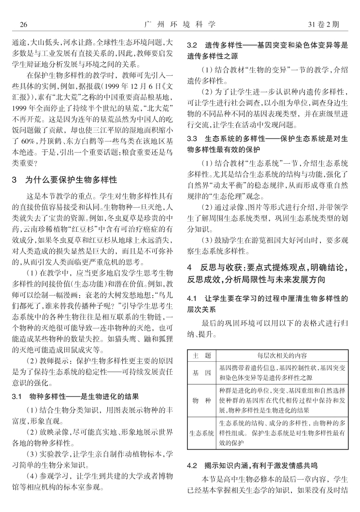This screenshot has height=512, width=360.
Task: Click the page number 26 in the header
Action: coord(17,24)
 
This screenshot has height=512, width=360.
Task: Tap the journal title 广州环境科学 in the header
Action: coord(179,24)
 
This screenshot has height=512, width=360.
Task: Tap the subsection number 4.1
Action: coord(194,299)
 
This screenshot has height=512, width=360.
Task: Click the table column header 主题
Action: coord(202,356)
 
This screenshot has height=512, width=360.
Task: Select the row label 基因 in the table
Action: coord(202,373)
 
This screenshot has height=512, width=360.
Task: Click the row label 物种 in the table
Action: coord(202,400)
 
